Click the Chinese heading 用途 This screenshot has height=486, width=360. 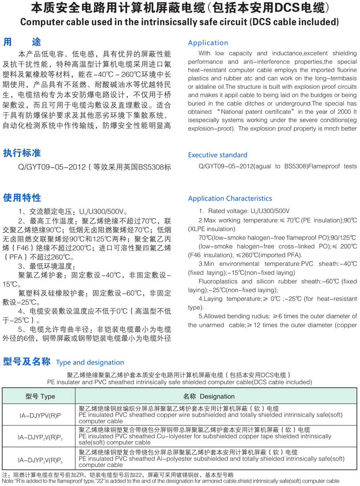coord(22,42)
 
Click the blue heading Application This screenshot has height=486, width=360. coord(208,43)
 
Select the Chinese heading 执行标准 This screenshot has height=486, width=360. coord(22,153)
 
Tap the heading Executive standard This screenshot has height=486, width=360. coord(217,155)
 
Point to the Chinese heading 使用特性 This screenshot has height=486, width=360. coord(22,197)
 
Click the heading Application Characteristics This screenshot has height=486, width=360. coord(230,198)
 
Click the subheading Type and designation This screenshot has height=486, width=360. coord(90,362)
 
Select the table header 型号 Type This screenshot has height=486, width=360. coord(40,396)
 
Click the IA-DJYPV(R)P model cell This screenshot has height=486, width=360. coord(40,414)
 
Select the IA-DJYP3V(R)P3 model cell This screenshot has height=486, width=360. coord(40,459)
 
